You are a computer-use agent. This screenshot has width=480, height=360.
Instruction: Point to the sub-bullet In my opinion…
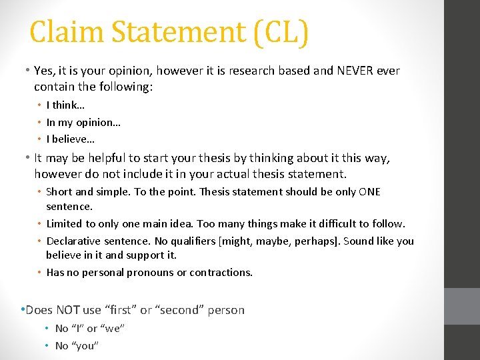(x=83, y=122)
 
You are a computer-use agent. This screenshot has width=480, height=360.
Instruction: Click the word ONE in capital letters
(x=369, y=192)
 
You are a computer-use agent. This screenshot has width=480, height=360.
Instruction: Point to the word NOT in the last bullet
(x=68, y=310)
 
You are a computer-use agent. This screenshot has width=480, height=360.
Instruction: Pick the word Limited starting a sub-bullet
(x=65, y=223)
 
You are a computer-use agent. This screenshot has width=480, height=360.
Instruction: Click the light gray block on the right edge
(x=462, y=306)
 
